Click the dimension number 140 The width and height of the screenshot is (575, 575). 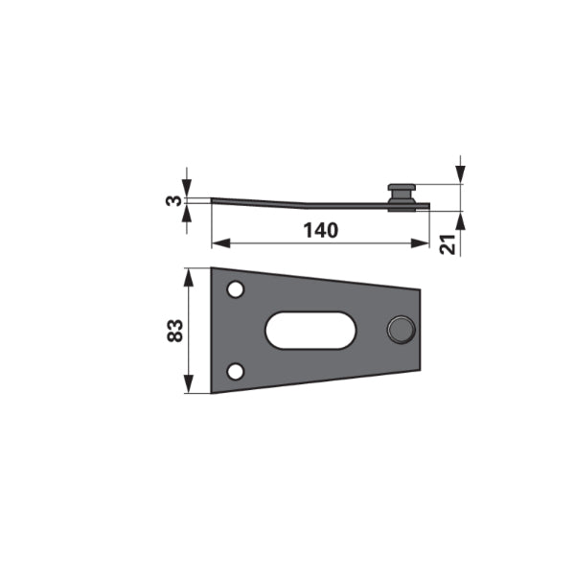tap(320, 231)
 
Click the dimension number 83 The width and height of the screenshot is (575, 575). tap(175, 331)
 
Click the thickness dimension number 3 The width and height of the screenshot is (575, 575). tap(173, 200)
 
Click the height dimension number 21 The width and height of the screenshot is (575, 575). tap(448, 243)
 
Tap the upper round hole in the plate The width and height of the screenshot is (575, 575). tap(236, 289)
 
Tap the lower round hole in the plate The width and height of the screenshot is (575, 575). tap(236, 372)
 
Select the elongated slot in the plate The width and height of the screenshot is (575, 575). tap(310, 330)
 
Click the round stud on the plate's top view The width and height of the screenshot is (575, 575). tap(402, 330)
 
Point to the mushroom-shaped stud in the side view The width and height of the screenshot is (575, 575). tap(402, 197)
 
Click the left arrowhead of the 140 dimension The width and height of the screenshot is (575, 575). tap(221, 243)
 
